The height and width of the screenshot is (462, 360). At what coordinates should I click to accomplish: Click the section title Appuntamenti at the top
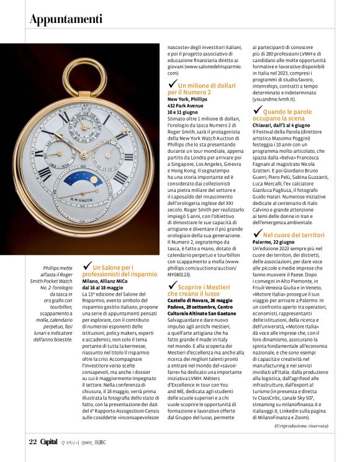(66, 20)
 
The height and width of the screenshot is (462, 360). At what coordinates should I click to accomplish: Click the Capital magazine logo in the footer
(49, 441)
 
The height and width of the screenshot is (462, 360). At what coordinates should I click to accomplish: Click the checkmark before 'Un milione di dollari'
(173, 83)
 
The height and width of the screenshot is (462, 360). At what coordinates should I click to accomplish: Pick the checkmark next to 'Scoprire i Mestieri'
(173, 284)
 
